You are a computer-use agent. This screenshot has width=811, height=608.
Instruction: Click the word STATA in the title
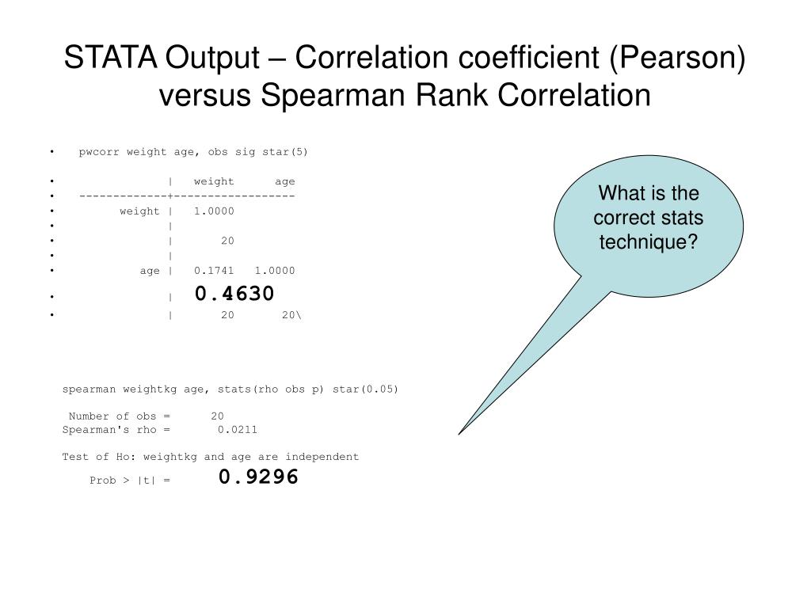[110, 57]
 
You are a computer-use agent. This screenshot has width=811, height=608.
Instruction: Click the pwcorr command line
[192, 151]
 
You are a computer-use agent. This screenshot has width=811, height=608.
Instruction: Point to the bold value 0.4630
[234, 294]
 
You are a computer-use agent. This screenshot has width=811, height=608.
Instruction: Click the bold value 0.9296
[258, 477]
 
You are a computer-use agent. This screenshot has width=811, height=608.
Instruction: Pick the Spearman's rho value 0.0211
[238, 430]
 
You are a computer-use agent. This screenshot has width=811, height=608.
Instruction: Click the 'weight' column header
[214, 181]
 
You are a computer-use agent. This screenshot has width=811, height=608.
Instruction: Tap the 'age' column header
[284, 181]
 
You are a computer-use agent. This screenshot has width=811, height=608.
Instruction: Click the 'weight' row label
[139, 211]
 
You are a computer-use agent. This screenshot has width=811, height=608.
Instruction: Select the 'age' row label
[150, 271]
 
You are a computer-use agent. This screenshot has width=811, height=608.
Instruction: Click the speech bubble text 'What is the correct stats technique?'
[648, 218]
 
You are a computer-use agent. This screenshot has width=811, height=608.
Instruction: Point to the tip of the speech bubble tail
[460, 433]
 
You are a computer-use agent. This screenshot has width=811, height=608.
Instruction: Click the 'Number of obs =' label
[119, 416]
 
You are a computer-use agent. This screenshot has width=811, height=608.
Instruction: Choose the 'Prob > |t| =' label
[130, 480]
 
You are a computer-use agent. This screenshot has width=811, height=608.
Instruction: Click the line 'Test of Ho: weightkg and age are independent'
[210, 457]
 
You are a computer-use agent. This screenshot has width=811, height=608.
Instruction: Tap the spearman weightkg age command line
[230, 389]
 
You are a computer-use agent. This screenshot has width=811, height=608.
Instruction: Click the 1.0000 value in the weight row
[214, 211]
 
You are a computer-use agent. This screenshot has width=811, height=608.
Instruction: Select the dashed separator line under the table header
[187, 196]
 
